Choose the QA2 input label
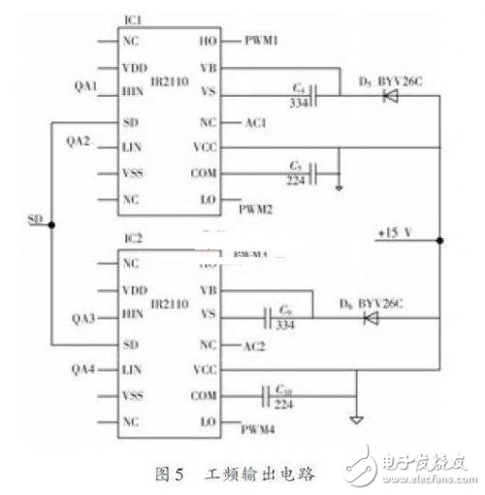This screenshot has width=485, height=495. coord(79,141)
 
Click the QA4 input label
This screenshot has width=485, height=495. coord(79,370)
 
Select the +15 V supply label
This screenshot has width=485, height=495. coord(399,234)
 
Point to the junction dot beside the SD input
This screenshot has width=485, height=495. coord(50,223)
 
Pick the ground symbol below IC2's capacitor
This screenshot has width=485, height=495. coord(356,419)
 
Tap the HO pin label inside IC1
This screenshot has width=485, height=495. coord(207,42)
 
